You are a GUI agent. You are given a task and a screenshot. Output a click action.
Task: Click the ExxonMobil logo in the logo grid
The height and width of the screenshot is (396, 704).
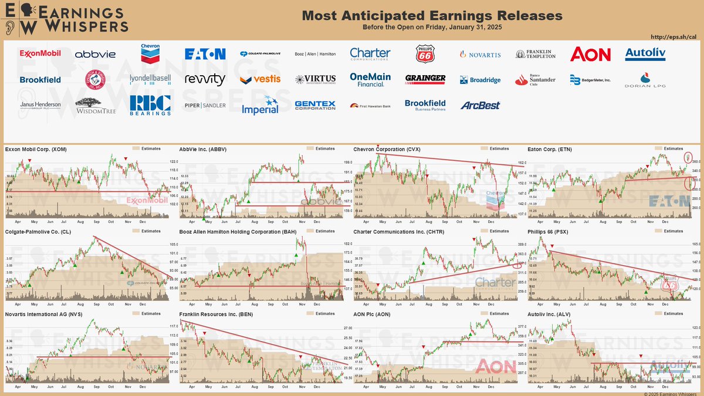[x=40, y=54]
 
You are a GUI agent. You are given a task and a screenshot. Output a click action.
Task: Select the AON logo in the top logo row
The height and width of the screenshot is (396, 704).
[x=590, y=54]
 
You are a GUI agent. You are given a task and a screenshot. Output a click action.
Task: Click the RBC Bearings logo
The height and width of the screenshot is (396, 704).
[x=150, y=105]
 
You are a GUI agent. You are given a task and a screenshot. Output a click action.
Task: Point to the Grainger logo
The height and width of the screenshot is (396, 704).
[x=425, y=79]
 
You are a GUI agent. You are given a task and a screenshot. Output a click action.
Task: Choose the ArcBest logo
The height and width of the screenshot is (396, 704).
[x=480, y=105]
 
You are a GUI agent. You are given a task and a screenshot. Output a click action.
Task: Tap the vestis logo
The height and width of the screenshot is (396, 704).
[x=260, y=79]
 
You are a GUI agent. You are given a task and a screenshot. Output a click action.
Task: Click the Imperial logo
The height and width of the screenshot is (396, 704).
[x=260, y=105]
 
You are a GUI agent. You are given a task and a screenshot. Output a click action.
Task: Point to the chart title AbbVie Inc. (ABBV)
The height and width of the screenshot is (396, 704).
[x=202, y=149]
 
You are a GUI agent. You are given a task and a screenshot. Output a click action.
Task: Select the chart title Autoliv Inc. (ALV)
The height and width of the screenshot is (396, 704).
[x=550, y=314]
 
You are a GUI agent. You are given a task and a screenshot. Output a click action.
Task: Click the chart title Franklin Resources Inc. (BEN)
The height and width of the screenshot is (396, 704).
[x=221, y=314]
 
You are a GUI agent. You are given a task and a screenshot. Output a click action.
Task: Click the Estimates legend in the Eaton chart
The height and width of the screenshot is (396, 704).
[x=671, y=148]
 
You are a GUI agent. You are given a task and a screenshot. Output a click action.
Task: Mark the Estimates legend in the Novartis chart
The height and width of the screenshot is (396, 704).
[x=147, y=313]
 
